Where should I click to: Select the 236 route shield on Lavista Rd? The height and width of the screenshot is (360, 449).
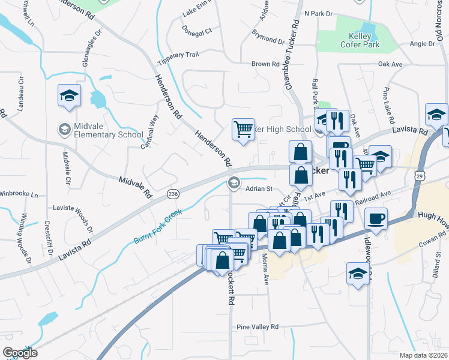click(173, 194)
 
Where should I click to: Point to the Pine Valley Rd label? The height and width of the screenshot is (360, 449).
click(258, 327)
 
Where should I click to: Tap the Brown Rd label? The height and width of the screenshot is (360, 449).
click(265, 64)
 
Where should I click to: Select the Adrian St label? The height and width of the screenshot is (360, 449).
click(259, 188)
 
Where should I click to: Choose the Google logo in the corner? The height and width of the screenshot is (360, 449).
click(20, 352)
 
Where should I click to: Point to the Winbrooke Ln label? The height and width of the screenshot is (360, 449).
click(19, 194)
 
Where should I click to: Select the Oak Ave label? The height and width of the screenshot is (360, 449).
click(390, 64)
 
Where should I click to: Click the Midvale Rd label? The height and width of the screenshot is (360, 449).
click(135, 188)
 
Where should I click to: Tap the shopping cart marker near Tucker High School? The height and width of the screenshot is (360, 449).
click(243, 129)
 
